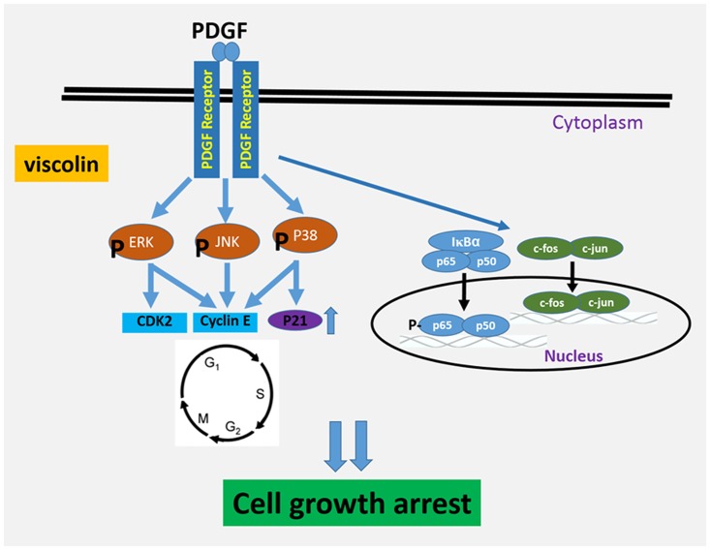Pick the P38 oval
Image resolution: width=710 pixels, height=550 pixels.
(x=305, y=237)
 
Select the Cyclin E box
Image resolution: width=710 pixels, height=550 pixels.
(x=225, y=320)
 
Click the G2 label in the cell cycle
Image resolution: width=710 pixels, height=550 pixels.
(x=232, y=427)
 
